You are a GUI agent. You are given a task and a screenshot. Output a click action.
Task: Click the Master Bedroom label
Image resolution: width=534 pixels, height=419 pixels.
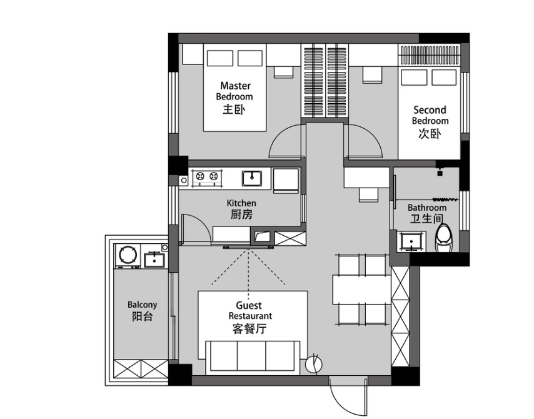234,98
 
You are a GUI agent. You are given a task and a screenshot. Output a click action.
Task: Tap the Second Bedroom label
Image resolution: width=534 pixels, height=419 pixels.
430,121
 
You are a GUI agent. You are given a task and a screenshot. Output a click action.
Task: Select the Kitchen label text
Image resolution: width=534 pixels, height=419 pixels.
241,209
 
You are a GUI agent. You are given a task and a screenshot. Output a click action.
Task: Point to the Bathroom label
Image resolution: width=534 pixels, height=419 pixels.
427,214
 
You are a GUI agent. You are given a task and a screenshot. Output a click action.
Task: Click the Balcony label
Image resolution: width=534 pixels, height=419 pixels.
143,311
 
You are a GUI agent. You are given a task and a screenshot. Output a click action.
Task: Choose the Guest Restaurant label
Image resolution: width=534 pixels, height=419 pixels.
250,317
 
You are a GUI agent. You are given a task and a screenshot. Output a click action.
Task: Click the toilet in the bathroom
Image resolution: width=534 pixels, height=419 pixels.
444,238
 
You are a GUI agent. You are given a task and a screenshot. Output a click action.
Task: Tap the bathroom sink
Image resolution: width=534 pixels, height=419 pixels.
411,241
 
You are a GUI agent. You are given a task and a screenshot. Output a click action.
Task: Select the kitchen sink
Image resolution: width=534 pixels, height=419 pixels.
252,178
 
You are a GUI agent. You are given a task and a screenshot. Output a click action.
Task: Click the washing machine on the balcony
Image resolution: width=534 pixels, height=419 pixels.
128,255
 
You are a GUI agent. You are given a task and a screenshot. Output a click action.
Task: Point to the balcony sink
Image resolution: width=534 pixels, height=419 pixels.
154,260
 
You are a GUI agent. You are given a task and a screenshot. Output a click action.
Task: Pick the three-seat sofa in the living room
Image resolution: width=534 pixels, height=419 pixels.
253,357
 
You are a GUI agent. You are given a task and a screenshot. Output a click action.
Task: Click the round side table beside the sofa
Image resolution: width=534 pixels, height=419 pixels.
313,365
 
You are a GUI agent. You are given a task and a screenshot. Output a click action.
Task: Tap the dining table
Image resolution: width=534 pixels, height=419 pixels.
361,290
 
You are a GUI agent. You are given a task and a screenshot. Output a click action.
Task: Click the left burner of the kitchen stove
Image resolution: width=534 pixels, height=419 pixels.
200,176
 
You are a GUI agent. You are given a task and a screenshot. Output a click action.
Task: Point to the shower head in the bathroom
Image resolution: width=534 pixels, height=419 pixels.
440,171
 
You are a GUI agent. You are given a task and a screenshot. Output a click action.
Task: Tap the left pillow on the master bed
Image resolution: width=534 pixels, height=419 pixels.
220,58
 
